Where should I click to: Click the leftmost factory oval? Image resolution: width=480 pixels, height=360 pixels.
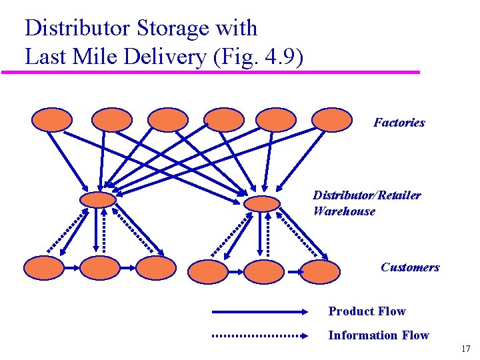coord(52,119)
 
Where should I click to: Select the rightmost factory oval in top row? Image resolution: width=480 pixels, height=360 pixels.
coord(331,119)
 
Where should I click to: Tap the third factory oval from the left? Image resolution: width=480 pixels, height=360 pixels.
coord(167,119)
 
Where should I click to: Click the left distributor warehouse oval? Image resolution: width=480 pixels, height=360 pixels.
coord(97,199)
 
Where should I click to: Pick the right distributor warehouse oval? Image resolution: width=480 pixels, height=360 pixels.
coord(262,203)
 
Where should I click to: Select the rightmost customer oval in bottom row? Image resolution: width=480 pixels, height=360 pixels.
coord(320,271)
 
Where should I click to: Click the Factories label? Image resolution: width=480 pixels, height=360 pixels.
coord(399,123)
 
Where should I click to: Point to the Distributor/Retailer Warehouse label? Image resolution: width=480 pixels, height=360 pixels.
coord(367,203)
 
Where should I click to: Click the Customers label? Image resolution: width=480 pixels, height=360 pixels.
coord(410,267)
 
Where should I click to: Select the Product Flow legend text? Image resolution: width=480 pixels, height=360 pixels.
coord(367,311)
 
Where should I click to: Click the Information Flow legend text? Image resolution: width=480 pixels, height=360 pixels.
coord(378,335)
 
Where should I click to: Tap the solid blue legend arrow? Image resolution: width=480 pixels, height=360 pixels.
coord(260,311)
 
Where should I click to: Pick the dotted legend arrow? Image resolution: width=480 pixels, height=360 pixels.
coord(260,336)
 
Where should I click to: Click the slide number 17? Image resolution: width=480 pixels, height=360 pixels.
coord(465,349)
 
